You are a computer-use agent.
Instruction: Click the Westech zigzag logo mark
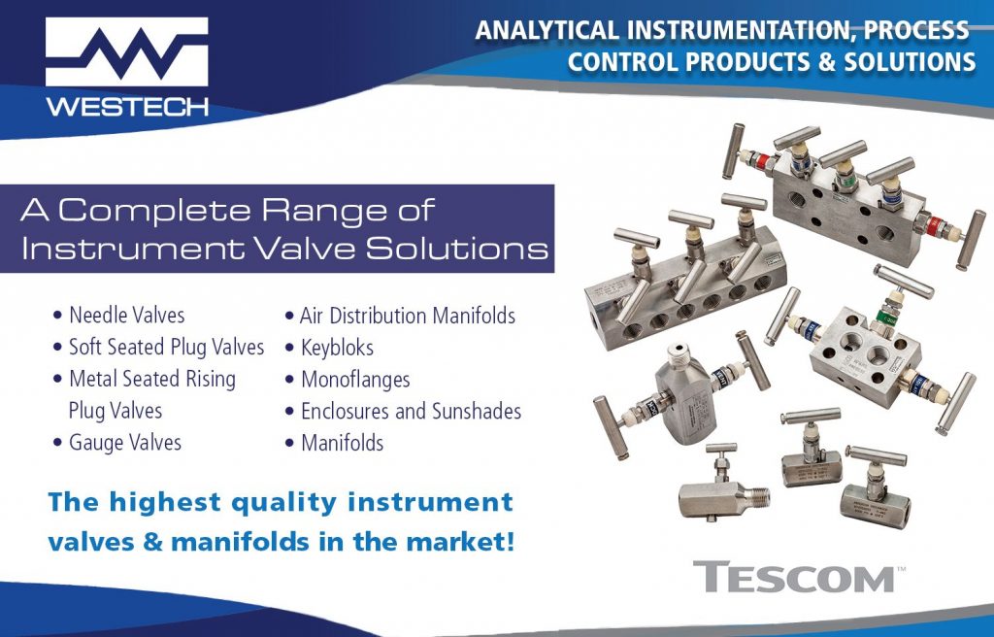tap(127, 51)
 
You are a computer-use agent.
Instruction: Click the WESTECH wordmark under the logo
tap(127, 106)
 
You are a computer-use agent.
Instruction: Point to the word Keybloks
tap(337, 348)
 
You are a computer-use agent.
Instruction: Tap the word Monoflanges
tap(355, 380)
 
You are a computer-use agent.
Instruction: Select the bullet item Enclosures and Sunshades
tap(411, 411)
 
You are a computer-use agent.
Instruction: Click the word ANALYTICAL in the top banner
tap(547, 30)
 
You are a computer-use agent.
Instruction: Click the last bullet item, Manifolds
tap(343, 443)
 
